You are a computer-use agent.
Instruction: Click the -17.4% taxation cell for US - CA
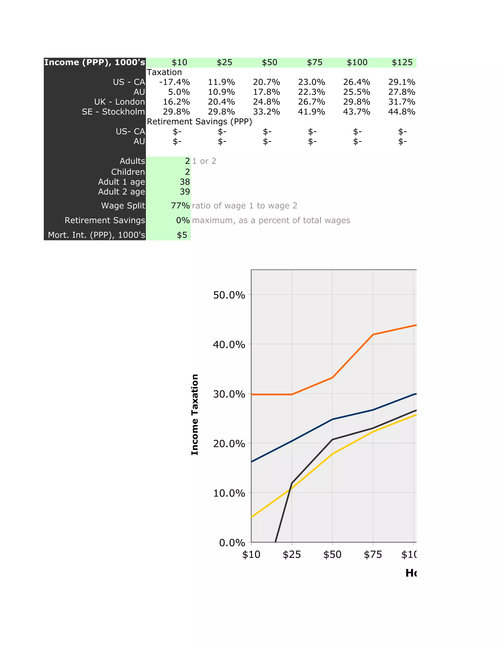point(174,82)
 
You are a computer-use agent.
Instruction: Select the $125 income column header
point(402,62)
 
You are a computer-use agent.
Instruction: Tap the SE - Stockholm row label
point(113,112)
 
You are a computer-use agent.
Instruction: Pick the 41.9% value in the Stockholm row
point(311,112)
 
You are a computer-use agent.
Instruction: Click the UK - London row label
point(120,102)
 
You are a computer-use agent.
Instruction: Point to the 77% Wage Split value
point(180,206)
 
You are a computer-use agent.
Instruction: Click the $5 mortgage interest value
point(182,235)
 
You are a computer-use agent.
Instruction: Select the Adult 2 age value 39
point(185,192)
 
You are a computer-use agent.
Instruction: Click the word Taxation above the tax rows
point(164,72)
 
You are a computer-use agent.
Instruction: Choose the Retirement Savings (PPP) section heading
point(199,121)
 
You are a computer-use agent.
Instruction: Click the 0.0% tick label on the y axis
point(232,543)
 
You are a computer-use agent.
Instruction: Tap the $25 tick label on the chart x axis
point(292,554)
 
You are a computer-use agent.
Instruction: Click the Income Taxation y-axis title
point(195,415)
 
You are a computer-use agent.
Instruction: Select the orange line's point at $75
point(373,335)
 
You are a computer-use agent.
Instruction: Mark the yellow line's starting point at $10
point(252,517)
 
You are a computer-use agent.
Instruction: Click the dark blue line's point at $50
point(332,419)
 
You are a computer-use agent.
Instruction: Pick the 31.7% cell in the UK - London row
point(402,102)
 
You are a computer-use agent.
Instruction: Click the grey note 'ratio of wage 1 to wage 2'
point(245,206)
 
